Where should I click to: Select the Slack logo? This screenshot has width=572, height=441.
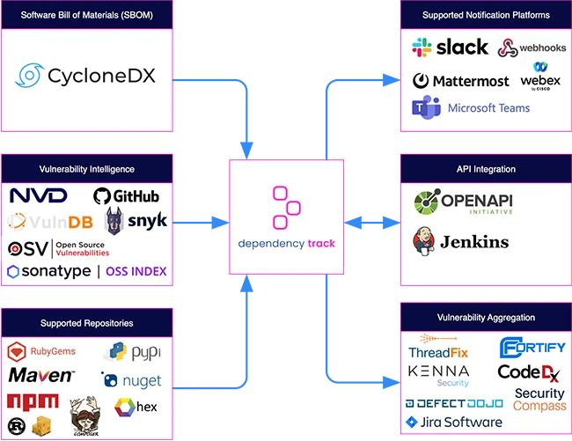450,48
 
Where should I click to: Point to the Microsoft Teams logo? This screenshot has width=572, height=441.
471,108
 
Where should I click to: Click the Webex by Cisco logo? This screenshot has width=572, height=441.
539,77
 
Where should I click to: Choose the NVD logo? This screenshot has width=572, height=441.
38,195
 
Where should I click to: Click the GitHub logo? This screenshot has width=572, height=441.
126,195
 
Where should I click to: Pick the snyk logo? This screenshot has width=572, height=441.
136,221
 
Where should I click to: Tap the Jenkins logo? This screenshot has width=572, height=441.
463,241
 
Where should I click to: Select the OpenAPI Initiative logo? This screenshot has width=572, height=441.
464,202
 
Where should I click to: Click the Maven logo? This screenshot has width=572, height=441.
40,376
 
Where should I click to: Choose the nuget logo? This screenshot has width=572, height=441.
133,380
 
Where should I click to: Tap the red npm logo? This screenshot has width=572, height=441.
33,401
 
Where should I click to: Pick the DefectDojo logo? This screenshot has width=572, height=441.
454,402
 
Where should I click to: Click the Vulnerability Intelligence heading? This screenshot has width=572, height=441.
86,168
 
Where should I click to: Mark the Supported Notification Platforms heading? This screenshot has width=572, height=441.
486,15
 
